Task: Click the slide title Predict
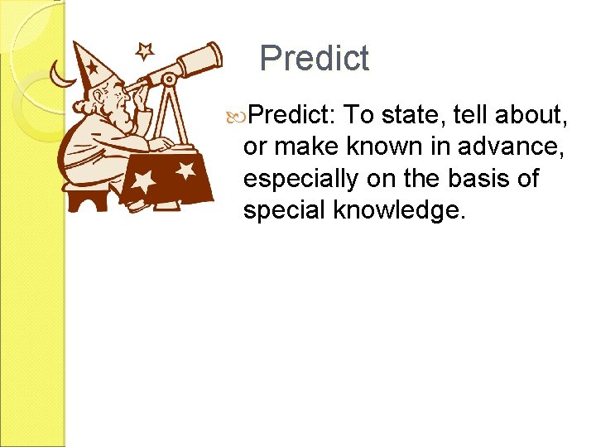(x=314, y=59)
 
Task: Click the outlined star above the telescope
(x=145, y=51)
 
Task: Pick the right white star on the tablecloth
(x=185, y=171)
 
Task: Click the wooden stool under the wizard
(x=88, y=197)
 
